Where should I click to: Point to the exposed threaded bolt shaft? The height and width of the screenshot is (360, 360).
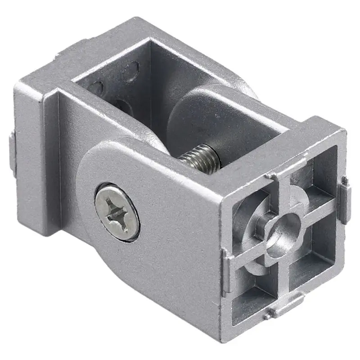pyautogui.click(x=198, y=156)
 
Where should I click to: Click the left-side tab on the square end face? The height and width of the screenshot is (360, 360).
pyautogui.click(x=228, y=270)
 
